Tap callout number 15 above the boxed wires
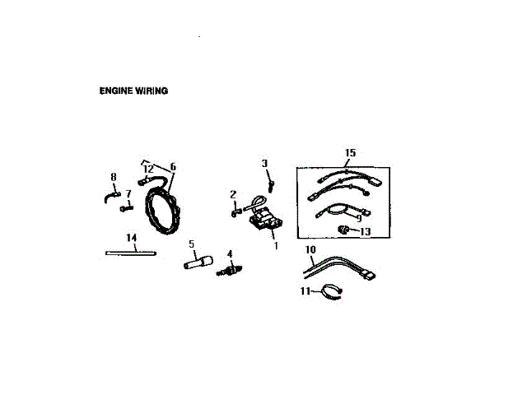[x=350, y=154]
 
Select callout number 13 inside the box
[x=366, y=233]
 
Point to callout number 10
[x=310, y=249]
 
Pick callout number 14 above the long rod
[x=130, y=238]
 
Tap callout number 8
[x=114, y=177]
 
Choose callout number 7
[x=128, y=193]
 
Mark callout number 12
[x=149, y=168]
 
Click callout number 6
[x=173, y=166]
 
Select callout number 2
[x=233, y=194]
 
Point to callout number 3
[x=265, y=164]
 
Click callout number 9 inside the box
[x=358, y=219]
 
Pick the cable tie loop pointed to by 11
[x=329, y=290]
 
